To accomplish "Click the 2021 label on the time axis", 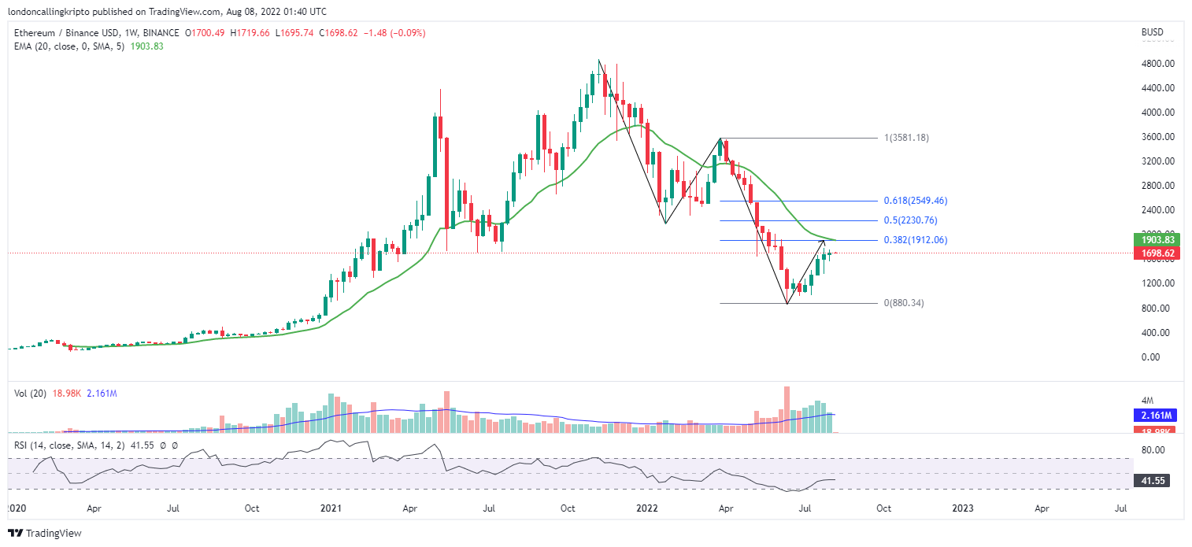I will point(331,508).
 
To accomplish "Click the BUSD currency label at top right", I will point(1153,32).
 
